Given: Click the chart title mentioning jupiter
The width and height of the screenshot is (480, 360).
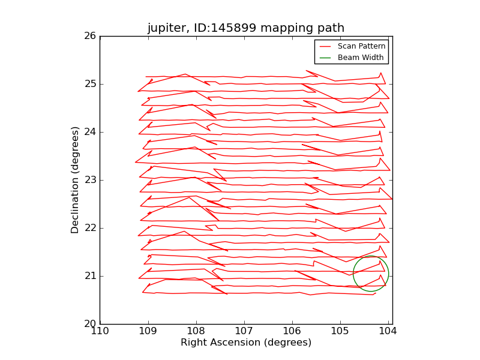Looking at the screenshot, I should click(246, 28).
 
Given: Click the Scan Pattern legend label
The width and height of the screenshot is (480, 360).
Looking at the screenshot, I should click(361, 46).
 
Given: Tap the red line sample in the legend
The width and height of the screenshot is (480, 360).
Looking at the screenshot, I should click(325, 46).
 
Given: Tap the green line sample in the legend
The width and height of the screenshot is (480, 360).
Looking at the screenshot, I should click(325, 58).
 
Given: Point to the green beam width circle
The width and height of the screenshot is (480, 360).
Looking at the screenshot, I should click(353, 274).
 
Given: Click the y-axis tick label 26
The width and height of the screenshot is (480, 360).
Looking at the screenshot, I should click(89, 36).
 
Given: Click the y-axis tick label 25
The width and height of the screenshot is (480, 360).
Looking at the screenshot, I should click(89, 84).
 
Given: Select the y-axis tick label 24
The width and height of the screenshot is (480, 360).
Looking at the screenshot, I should click(89, 132).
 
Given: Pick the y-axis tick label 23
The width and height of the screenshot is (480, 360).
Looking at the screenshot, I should click(89, 180).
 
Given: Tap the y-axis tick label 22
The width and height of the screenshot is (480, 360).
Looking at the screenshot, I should click(89, 228).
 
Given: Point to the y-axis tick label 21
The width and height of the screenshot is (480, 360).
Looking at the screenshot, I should click(89, 276).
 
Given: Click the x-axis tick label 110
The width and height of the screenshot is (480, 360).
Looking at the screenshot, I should click(100, 331).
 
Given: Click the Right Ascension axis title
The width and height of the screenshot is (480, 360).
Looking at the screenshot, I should click(246, 343).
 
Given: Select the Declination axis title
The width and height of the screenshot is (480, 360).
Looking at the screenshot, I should click(76, 180).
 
